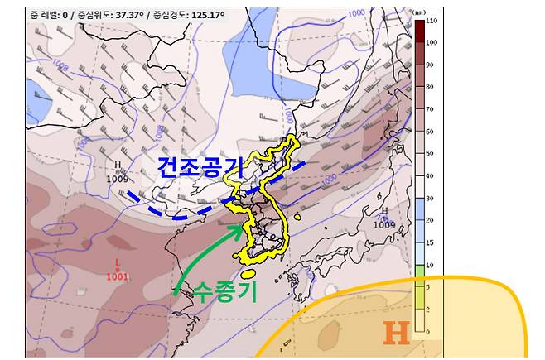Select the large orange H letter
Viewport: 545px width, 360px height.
pos(397,333)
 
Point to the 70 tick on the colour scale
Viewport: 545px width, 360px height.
pos(431,108)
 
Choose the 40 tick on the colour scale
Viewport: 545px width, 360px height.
pos(431,176)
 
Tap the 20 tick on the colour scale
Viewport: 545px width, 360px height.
pos(431,221)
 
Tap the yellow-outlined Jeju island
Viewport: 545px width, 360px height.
pos(248,272)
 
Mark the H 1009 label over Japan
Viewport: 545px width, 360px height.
pos(383,218)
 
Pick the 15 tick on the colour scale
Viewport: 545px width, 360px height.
pos(431,243)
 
